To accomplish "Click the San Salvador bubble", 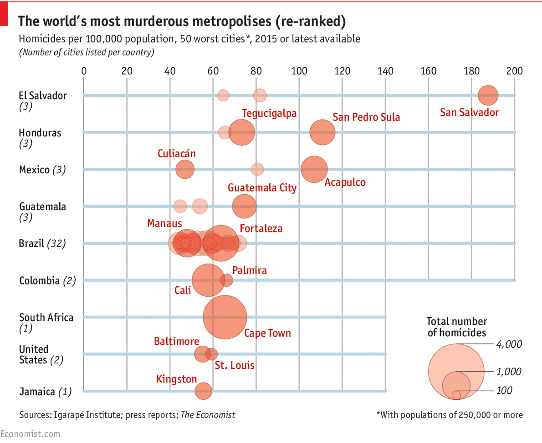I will click(x=488, y=95).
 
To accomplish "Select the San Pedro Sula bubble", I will click(x=322, y=133).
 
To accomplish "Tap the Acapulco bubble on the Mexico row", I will click(x=314, y=169).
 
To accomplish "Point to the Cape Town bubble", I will click(x=225, y=317).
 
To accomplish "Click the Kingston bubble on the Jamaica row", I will click(x=204, y=391).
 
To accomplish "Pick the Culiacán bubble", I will click(x=185, y=170).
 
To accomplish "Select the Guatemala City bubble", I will click(x=244, y=206).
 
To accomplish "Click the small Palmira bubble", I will click(x=226, y=280).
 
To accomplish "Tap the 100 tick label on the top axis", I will click(x=299, y=71).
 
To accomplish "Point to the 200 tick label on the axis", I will click(x=515, y=71).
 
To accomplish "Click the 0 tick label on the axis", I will click(x=84, y=71).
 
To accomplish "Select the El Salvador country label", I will click(x=43, y=96).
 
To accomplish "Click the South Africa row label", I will click(x=46, y=318).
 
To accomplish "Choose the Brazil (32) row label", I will click(x=42, y=243).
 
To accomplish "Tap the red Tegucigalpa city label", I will click(x=269, y=113).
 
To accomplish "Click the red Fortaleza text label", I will click(x=261, y=228).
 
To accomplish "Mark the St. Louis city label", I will click(x=235, y=365).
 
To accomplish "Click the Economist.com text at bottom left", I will click(x=30, y=434).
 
